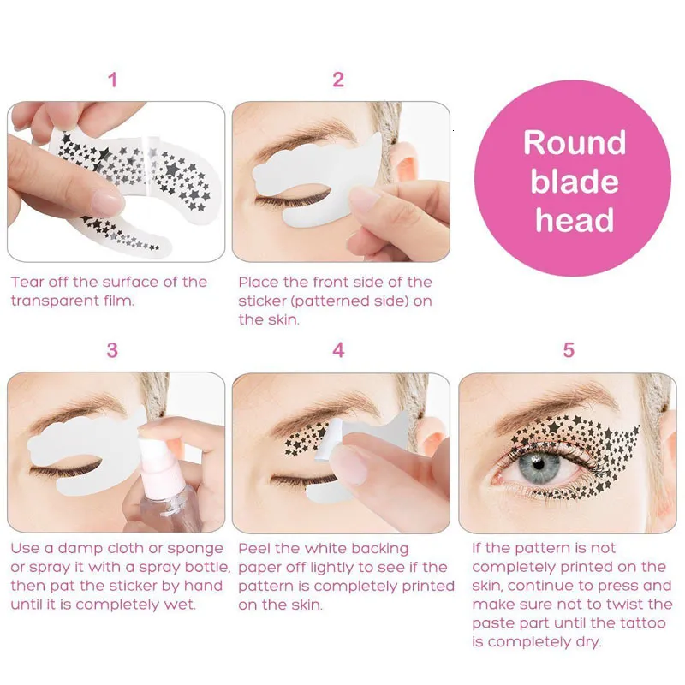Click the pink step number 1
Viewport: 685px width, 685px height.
click(112, 80)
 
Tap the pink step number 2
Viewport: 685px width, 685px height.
click(338, 80)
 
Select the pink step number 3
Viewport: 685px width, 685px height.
click(112, 350)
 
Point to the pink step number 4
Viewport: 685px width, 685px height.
click(338, 350)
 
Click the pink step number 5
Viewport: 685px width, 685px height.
click(569, 350)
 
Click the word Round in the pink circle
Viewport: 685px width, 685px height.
click(575, 142)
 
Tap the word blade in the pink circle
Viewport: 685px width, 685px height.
click(575, 182)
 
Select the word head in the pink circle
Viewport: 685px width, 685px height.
click(575, 221)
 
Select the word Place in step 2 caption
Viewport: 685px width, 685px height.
click(259, 282)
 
